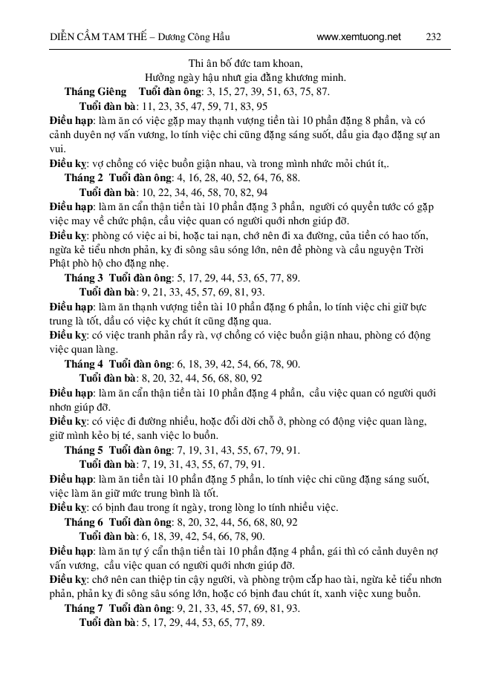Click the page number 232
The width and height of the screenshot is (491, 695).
pos(435,36)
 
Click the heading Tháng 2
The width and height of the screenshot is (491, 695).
pos(84,177)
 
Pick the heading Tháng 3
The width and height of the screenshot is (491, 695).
pos(84,278)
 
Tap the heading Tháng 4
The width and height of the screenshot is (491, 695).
pos(84,364)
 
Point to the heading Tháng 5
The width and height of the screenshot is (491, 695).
pos(84,450)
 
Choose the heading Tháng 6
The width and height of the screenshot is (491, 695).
pos(84,522)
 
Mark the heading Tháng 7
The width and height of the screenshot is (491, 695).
pos(84,608)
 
